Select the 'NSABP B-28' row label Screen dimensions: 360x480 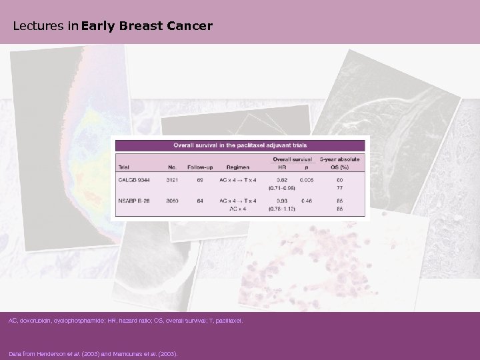tap(133, 200)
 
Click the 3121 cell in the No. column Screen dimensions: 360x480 tap(171, 180)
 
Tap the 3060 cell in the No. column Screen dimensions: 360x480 tap(171, 200)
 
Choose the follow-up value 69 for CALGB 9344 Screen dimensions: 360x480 tap(198, 180)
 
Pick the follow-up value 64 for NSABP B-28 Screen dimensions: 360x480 tap(198, 200)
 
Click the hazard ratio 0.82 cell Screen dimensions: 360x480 tap(283, 180)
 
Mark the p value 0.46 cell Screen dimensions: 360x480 tap(307, 200)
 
